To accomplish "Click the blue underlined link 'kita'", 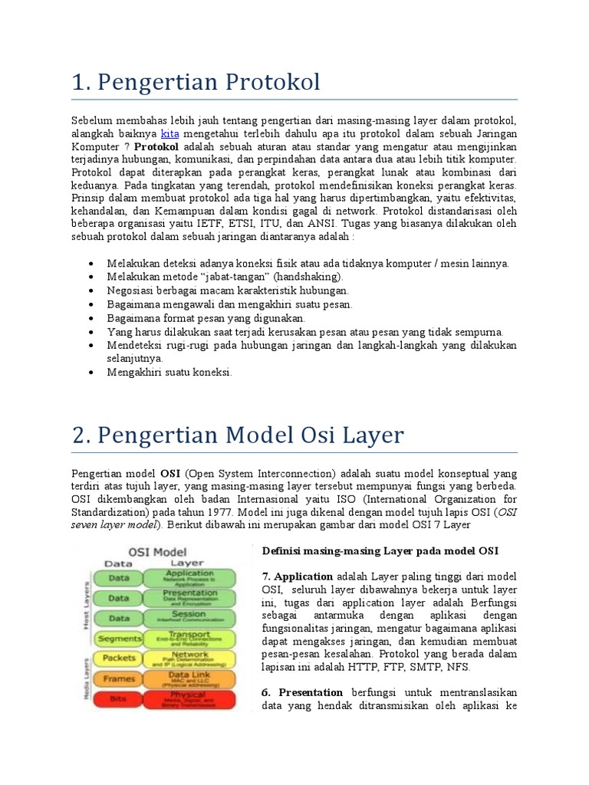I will pos(169,133).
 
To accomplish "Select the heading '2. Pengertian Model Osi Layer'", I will pos(238,435).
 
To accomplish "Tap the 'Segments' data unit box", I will pos(120,638).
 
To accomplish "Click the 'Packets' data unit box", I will pos(120,658).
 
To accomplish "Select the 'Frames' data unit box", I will pos(120,678).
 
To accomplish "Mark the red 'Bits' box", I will pos(120,699).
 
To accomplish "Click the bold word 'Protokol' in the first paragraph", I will pos(156,146).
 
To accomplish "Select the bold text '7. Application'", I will pos(298,576).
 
